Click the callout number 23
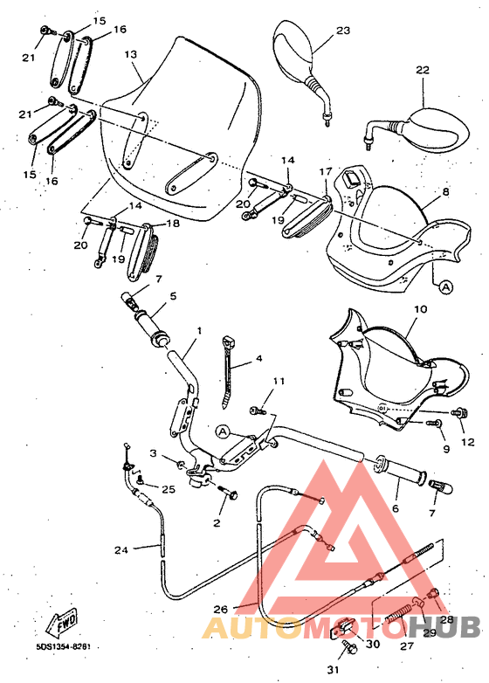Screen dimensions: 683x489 point(342,31)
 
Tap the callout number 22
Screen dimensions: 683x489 point(423,70)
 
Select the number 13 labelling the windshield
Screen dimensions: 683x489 point(131,54)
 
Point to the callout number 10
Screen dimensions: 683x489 point(420,309)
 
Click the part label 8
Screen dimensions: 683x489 point(445,191)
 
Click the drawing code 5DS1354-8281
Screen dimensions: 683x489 point(64,647)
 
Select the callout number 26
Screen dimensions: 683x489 point(221,609)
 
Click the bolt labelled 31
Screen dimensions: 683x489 point(348,648)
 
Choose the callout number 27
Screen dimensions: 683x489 point(406,647)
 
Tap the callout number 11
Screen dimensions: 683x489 point(279,382)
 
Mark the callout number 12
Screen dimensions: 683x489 point(468,442)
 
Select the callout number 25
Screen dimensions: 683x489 point(169,489)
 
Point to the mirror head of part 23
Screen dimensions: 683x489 point(293,50)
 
